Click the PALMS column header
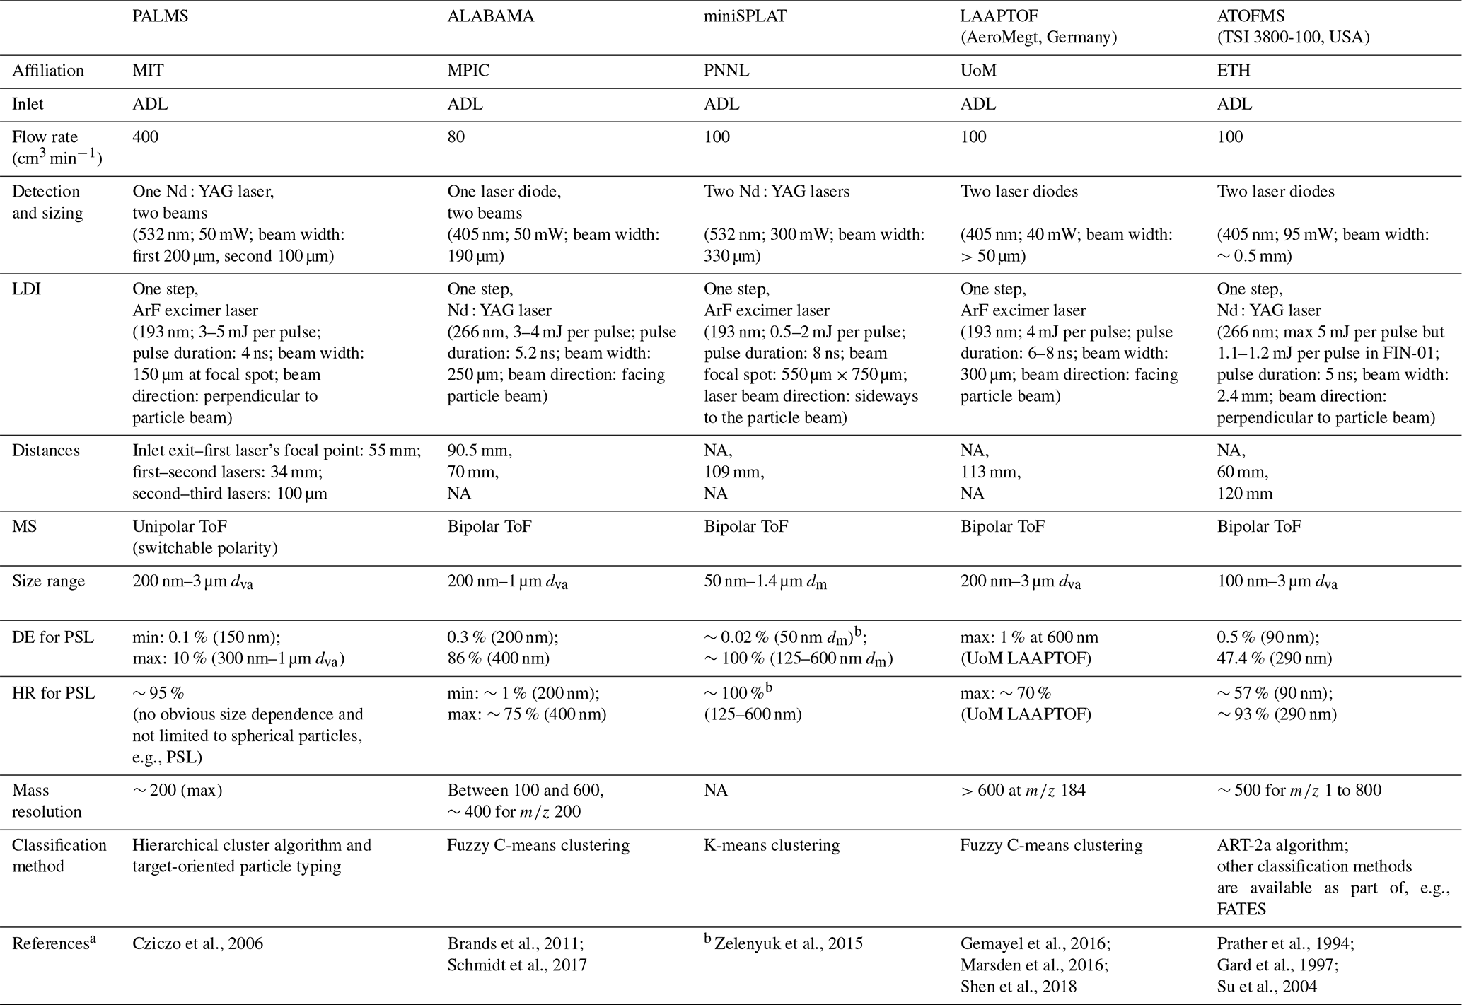161,16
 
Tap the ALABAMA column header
491,16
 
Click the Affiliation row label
48,71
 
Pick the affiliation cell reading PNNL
727,71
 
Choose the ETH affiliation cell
1234,71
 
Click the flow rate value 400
146,137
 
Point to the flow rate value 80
456,137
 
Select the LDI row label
26,289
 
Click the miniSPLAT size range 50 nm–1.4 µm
765,582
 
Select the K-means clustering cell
772,845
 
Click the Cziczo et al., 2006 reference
197,943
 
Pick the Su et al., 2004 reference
1267,986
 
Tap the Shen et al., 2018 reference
1019,986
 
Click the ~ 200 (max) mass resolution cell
177,790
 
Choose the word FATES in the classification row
1241,909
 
